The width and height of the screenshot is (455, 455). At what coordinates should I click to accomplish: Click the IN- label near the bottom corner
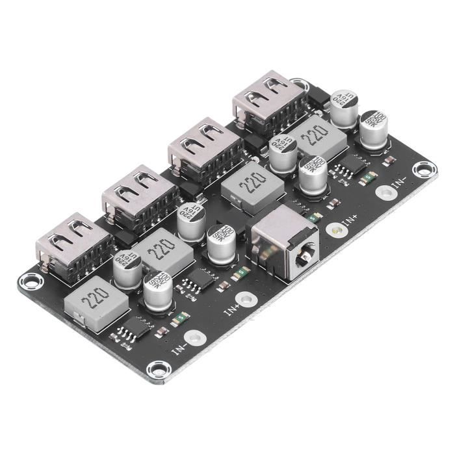point(179,348)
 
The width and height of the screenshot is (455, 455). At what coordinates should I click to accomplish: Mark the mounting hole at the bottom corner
point(156,370)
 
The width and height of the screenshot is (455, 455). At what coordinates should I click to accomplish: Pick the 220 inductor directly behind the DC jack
point(252,184)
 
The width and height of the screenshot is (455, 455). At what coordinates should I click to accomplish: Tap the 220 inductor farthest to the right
point(315,135)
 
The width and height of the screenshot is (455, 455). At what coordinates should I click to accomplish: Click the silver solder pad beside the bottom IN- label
point(192,338)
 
